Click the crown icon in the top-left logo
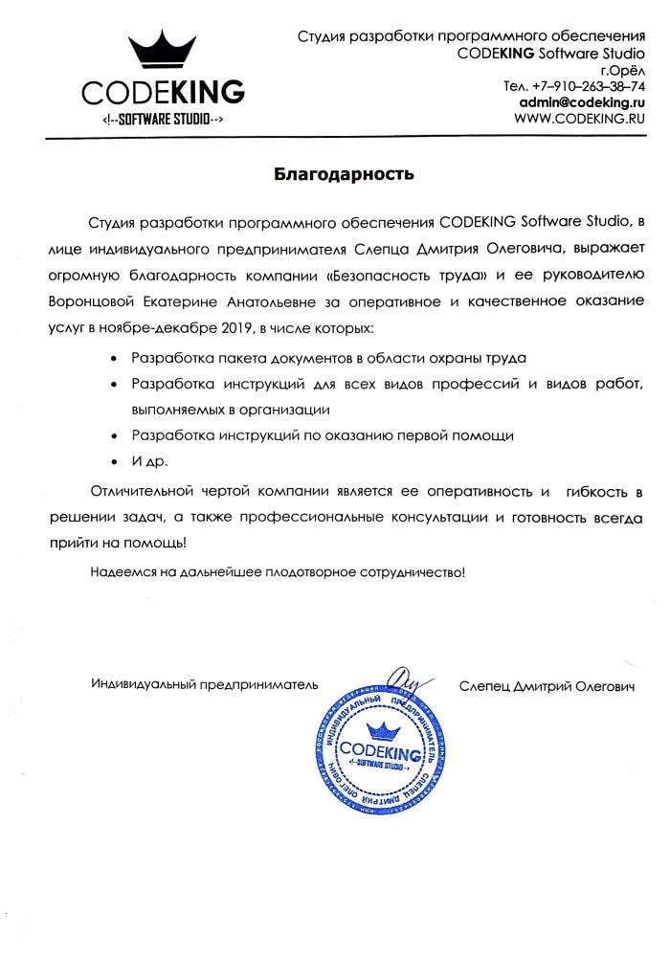tap(163, 52)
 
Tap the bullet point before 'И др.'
tap(116, 462)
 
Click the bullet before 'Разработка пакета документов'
tap(116, 357)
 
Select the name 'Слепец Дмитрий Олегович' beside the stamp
tap(546, 685)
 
